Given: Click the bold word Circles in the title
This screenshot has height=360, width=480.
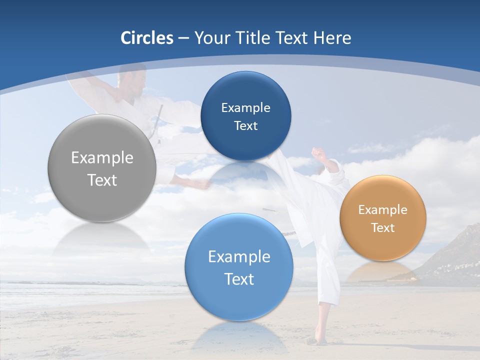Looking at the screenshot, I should click(x=146, y=38).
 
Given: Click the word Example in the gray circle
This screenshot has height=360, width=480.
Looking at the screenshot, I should click(x=102, y=157).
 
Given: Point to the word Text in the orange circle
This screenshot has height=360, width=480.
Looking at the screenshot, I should click(x=382, y=228).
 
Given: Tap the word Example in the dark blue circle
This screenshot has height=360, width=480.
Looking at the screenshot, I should click(x=245, y=107).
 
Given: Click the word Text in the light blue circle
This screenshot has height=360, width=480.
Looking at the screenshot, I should click(x=239, y=279).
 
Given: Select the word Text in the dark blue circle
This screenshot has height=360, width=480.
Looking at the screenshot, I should click(x=245, y=126).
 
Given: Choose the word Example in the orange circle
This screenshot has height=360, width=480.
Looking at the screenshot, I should click(x=382, y=210).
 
